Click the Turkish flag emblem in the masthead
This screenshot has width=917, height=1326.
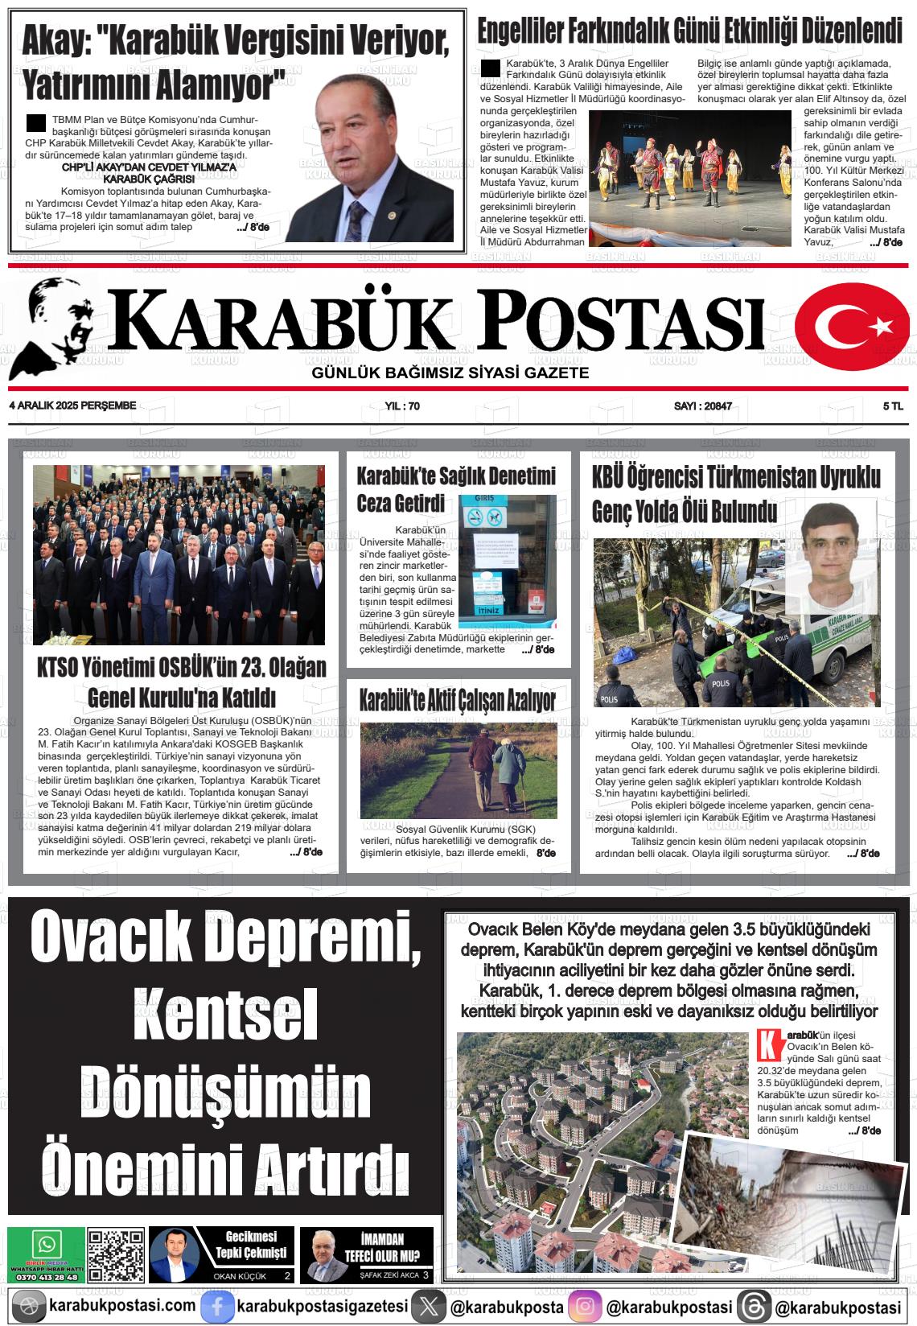[x=851, y=326]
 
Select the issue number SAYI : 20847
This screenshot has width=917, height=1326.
[x=702, y=406]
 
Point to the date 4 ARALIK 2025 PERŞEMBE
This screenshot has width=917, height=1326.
[x=72, y=406]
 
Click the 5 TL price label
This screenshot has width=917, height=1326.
[x=892, y=406]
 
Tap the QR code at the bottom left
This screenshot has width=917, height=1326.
[x=116, y=1255]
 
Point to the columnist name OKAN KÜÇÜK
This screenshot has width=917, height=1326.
[x=239, y=1276]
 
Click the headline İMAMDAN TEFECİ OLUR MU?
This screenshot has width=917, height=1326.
[x=382, y=1248]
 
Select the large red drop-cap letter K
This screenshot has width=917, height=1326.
[x=770, y=1046]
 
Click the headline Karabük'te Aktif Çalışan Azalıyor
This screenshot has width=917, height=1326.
[x=457, y=700]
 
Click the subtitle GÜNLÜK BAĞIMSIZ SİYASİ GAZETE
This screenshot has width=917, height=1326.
[x=450, y=373]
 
